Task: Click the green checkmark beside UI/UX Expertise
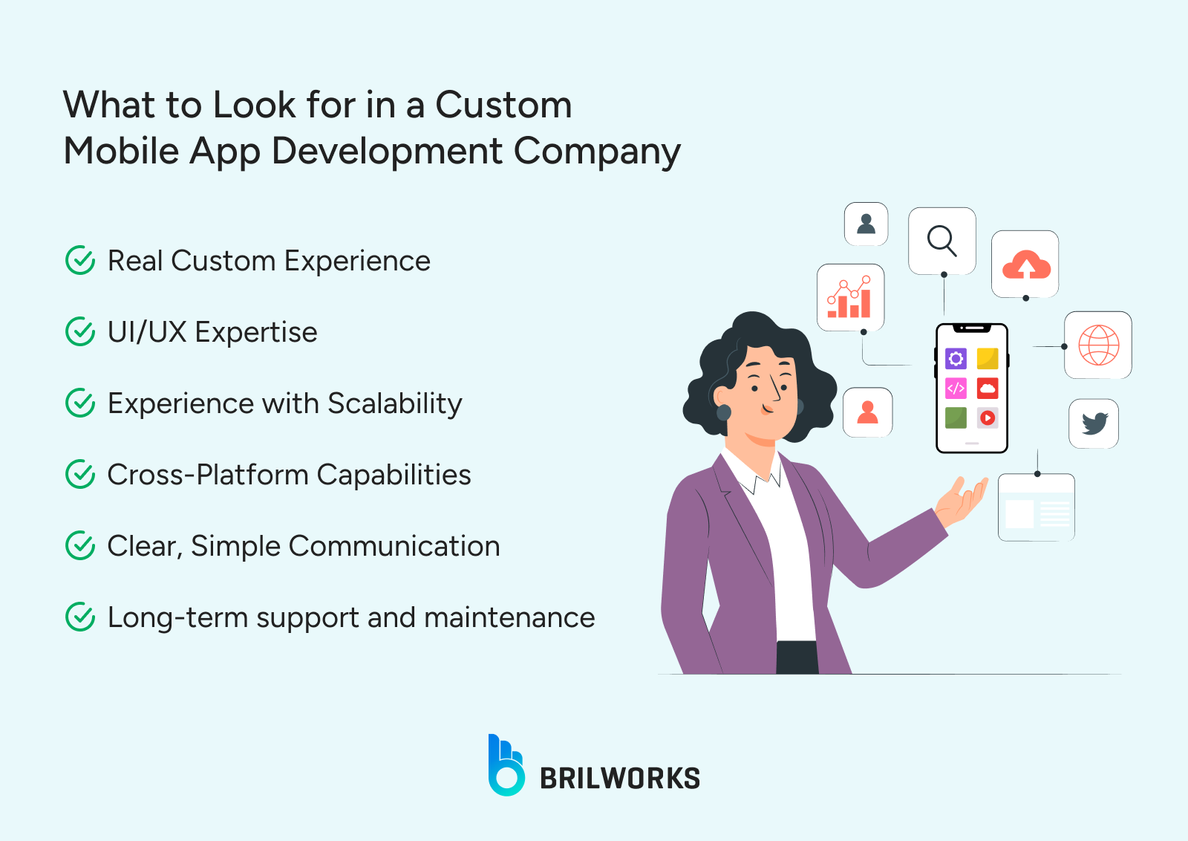[80, 332]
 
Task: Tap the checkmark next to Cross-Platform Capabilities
[80, 475]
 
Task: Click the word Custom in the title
[503, 105]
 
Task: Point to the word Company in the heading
[597, 152]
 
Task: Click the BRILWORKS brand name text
[619, 779]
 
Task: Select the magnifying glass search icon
[941, 241]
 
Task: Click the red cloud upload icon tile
[1025, 264]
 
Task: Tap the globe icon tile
[1098, 345]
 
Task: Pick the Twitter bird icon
[1094, 423]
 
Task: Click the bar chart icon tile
[850, 297]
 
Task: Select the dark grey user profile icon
[866, 224]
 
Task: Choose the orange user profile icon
[867, 412]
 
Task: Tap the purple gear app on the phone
[956, 359]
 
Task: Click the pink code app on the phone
[956, 388]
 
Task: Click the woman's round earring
[724, 412]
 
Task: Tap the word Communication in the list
[394, 546]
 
